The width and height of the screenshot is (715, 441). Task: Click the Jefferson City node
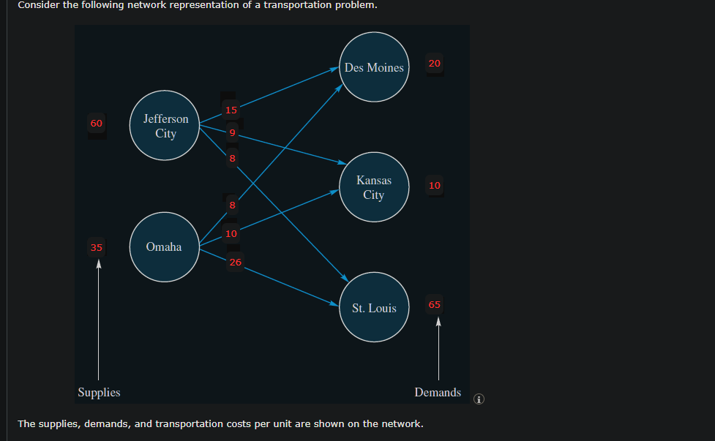(165, 125)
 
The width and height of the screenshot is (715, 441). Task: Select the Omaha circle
(164, 246)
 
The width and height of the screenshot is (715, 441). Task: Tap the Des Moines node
(374, 67)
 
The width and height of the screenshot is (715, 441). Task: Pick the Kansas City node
(374, 187)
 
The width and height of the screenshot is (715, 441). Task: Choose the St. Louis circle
(374, 307)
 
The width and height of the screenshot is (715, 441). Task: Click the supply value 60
(97, 123)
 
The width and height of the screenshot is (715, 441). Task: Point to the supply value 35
(97, 247)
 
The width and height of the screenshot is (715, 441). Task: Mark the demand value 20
(435, 64)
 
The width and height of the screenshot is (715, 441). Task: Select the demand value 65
(435, 304)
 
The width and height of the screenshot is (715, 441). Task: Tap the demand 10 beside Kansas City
(435, 185)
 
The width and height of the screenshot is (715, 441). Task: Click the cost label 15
(231, 110)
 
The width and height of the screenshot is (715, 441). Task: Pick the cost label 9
(232, 133)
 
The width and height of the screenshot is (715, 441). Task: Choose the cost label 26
(235, 262)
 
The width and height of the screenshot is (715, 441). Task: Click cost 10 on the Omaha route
(231, 234)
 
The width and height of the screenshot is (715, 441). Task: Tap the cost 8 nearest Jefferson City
(232, 158)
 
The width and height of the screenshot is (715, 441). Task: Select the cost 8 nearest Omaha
(232, 206)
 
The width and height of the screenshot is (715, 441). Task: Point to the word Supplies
(99, 392)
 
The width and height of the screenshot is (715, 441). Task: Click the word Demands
(438, 392)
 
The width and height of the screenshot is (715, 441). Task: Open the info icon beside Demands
(479, 399)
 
